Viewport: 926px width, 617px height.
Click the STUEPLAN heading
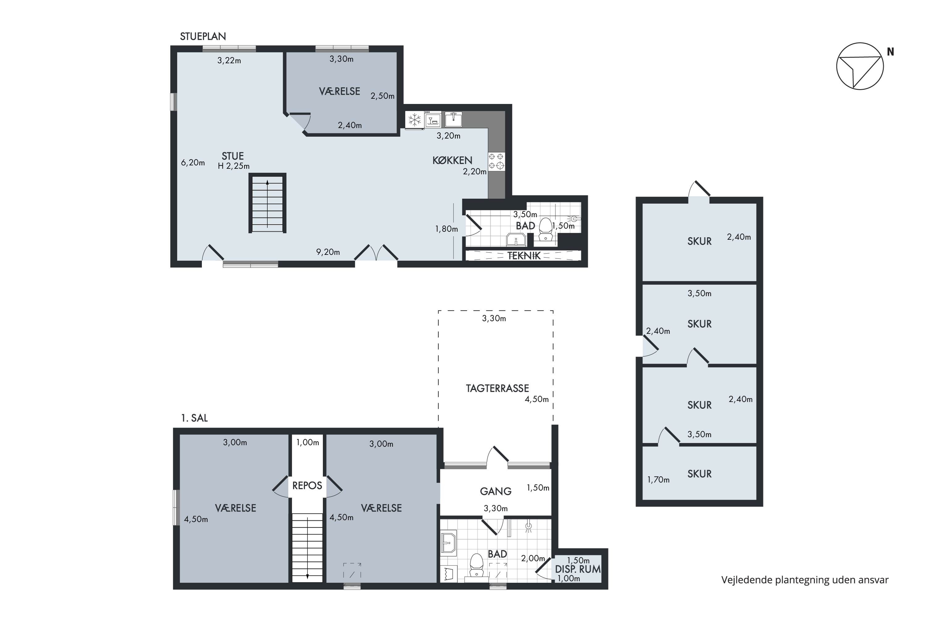click(203, 37)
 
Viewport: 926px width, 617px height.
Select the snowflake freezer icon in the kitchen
click(415, 120)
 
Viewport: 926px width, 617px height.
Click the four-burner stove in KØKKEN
click(496, 161)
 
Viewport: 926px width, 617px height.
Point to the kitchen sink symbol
click(453, 119)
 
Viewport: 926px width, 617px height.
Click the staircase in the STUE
click(267, 203)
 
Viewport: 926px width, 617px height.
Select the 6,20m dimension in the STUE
click(193, 163)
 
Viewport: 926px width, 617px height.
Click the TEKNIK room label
click(524, 256)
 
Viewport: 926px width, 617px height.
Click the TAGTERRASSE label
click(497, 388)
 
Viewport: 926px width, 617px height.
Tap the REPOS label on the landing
click(307, 486)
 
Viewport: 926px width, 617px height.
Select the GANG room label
click(495, 491)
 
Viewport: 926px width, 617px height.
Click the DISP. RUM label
click(578, 569)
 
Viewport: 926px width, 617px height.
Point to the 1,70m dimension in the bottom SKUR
click(658, 480)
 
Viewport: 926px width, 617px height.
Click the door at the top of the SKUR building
click(699, 191)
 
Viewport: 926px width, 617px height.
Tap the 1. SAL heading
click(194, 418)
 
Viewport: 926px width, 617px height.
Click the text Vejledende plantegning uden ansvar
click(805, 580)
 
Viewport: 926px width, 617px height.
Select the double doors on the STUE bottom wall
click(376, 254)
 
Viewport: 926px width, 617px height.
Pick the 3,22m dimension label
click(229, 60)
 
